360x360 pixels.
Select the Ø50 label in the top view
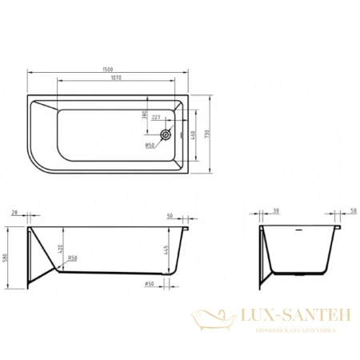pyautogui.click(x=150, y=146)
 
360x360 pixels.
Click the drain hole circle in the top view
pyautogui.click(x=166, y=135)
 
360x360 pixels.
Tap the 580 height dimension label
pyautogui.click(x=8, y=256)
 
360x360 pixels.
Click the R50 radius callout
pyautogui.click(x=72, y=258)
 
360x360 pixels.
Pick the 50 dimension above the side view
pyautogui.click(x=170, y=217)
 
